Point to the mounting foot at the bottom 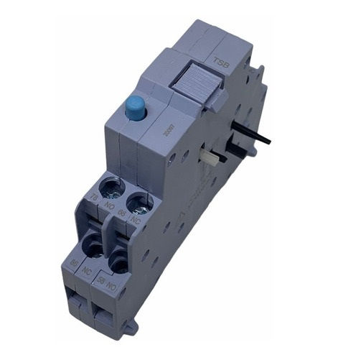[129, 329]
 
